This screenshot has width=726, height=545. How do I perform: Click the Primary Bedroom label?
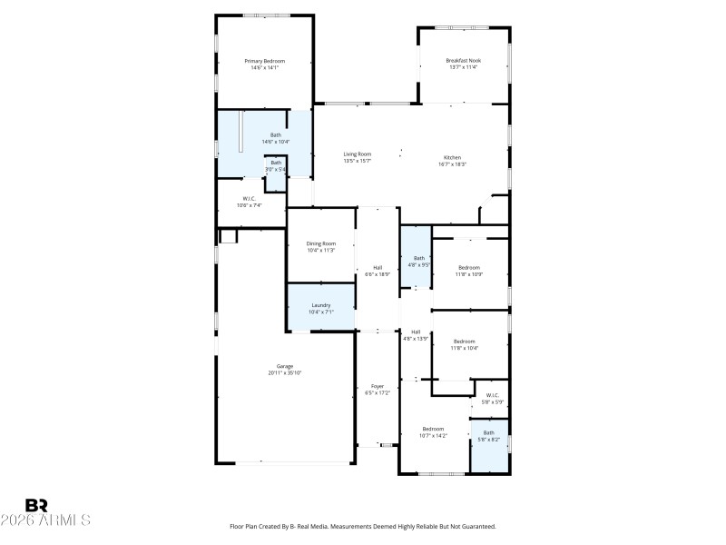tap(264, 61)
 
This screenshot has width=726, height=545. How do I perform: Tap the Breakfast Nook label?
tap(463, 61)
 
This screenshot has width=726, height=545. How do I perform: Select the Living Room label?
tap(357, 154)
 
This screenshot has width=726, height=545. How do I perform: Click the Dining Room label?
tap(320, 243)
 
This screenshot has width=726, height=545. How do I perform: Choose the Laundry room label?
tap(320, 305)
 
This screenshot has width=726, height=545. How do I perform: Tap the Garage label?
tap(284, 366)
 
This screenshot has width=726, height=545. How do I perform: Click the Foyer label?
tap(378, 386)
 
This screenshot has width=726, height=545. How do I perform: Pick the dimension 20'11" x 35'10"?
tap(284, 372)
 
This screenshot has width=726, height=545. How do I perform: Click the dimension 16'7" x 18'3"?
tap(452, 164)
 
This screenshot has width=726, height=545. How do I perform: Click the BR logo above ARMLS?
tap(36, 504)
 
